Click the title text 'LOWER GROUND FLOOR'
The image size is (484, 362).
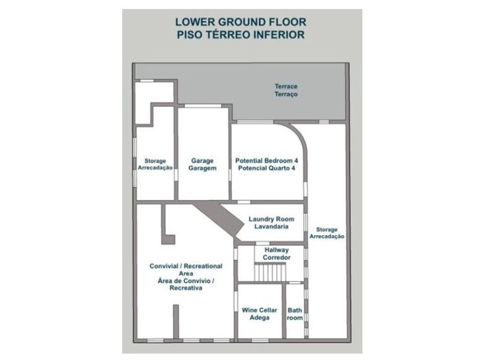(241, 22)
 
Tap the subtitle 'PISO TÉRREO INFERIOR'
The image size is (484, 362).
(241, 34)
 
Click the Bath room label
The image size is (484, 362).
(295, 314)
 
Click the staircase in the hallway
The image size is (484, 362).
(270, 272)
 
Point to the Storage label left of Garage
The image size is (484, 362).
(155, 165)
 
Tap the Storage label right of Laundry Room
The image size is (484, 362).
(327, 233)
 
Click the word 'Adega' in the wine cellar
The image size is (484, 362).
(260, 317)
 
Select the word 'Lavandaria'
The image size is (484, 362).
(271, 226)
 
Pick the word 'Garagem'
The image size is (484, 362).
(203, 168)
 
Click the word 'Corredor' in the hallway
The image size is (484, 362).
(277, 257)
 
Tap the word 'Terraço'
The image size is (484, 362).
(286, 94)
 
